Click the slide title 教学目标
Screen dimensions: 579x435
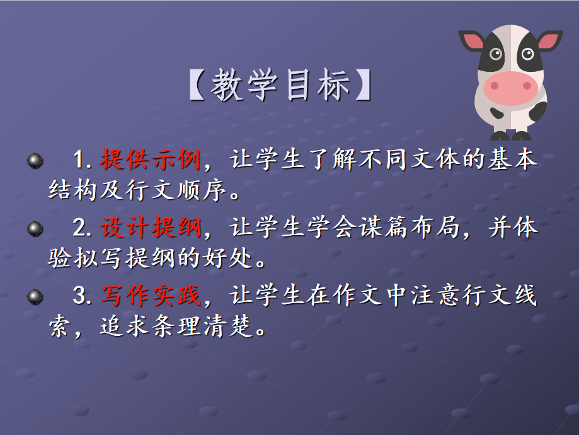(x=280, y=85)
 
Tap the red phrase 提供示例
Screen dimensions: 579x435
(x=151, y=159)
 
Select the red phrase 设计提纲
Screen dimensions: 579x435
(x=151, y=227)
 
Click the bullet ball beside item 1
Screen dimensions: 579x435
(x=35, y=161)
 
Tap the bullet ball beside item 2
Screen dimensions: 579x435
(x=35, y=229)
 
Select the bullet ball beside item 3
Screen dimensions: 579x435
(x=35, y=297)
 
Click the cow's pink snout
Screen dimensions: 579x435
(x=511, y=88)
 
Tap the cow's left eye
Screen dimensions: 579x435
(x=496, y=54)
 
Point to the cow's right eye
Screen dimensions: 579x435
(x=528, y=54)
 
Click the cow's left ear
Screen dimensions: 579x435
(x=471, y=40)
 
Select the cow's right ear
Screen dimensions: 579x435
(x=550, y=40)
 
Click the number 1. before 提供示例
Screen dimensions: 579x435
(x=82, y=160)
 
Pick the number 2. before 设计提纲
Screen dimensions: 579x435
(x=82, y=228)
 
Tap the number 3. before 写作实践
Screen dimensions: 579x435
(x=82, y=296)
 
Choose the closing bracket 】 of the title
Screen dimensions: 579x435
(x=364, y=85)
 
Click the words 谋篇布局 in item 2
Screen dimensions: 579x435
(x=409, y=227)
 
